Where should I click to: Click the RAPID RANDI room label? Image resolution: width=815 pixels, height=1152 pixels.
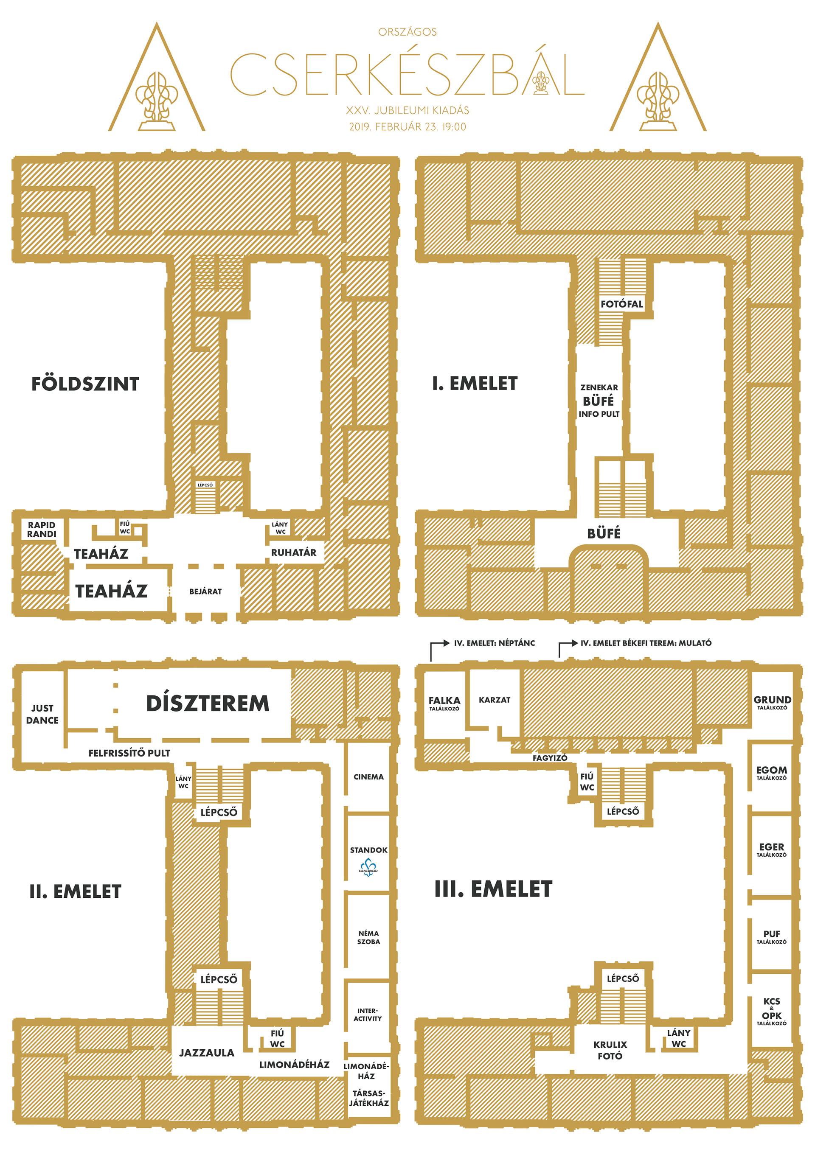pos(42,530)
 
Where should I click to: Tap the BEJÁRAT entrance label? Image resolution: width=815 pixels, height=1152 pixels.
pos(205,591)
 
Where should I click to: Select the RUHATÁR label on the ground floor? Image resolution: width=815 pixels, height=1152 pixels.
pos(294,552)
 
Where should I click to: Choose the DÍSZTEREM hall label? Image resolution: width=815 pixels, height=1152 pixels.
pos(207,703)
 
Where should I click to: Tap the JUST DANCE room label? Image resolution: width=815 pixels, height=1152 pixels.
pos(42,714)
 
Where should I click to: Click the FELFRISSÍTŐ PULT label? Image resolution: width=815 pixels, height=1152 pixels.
pos(129,753)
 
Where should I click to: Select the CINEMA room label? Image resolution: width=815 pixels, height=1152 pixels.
pos(368,776)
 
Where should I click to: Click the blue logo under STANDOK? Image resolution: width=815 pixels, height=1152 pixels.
pos(368,866)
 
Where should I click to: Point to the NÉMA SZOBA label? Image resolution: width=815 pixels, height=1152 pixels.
pos(368,937)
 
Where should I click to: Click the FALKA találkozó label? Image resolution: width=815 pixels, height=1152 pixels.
pos(444,703)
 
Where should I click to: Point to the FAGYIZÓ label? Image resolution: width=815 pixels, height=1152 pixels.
pos(550,758)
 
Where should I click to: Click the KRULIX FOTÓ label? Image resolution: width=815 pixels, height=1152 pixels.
pos(610,1050)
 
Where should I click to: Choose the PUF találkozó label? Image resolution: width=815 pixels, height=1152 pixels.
pos(771,937)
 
